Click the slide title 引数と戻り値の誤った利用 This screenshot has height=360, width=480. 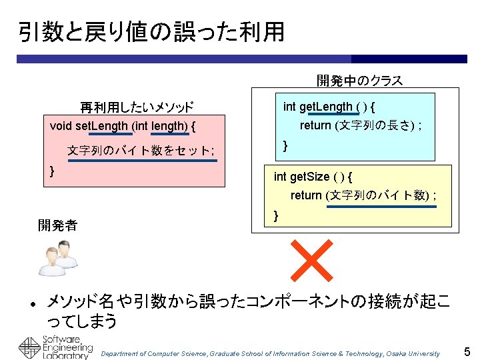[x=151, y=31]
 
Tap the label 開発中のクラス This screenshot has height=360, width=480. [x=359, y=81]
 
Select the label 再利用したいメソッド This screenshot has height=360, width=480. [x=137, y=107]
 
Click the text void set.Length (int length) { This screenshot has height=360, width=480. [x=123, y=125]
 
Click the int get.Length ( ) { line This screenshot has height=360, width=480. [x=329, y=107]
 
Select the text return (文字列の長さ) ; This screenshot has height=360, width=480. [x=361, y=125]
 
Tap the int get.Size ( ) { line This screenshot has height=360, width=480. [x=313, y=177]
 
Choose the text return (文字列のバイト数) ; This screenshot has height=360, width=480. [x=363, y=195]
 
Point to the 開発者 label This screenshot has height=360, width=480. [x=57, y=225]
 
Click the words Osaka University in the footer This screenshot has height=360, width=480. [x=416, y=353]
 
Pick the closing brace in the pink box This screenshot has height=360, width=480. [x=53, y=171]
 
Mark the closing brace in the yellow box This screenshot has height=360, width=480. [x=276, y=215]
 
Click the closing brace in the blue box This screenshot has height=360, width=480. [x=285, y=145]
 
